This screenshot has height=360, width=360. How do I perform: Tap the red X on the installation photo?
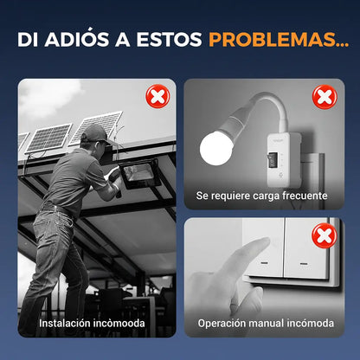tap(157, 97)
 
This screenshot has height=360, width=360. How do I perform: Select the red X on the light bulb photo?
tap(324, 96)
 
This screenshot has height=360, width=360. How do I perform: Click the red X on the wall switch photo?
tap(324, 235)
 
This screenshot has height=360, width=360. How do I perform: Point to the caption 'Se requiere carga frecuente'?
tap(261, 196)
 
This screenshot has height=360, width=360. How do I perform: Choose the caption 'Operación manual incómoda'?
tap(265, 324)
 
